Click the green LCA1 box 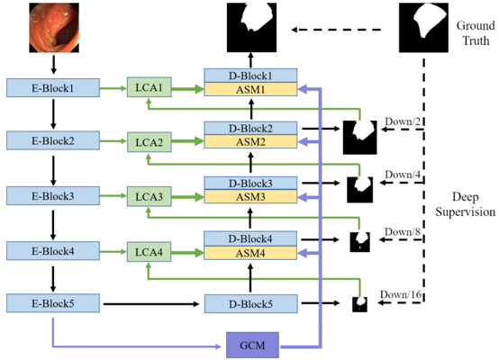148,87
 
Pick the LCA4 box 148,251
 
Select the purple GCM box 251,343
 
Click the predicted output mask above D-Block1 249,27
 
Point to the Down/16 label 400,294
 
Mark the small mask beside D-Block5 359,304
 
